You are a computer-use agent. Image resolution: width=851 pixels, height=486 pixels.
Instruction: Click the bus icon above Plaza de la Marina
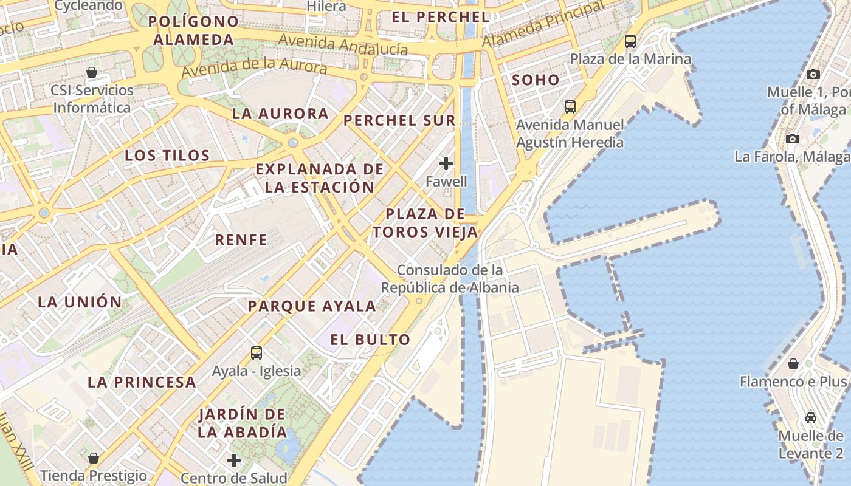pos(630,41)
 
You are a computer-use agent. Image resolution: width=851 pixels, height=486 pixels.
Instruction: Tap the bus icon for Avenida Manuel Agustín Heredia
pos(570,107)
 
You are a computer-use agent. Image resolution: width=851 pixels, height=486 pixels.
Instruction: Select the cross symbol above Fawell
pos(446,163)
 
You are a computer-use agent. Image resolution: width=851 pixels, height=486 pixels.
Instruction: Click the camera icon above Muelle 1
pos(813,74)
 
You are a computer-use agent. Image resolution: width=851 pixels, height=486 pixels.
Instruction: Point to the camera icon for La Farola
pos(792,139)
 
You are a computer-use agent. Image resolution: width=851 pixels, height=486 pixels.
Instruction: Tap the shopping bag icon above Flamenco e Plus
pos(793,364)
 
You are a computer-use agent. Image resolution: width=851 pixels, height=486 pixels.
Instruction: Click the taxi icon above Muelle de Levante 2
pos(810,417)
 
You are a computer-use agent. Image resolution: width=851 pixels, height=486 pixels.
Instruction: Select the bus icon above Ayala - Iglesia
pos(256,352)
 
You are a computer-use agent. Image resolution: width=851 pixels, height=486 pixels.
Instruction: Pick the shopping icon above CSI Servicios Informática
pos(92,73)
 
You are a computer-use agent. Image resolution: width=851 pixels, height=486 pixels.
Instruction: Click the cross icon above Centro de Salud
pos(233,460)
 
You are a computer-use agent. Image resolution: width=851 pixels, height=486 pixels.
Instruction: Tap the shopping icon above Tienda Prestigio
pos(94,457)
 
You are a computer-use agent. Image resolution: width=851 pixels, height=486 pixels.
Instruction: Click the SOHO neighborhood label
pos(535,80)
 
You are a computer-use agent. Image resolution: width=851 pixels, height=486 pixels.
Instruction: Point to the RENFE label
pos(241,240)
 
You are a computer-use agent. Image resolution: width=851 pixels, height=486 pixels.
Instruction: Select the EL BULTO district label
pos(370,340)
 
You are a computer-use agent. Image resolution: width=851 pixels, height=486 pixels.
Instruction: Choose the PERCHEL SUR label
pos(399,120)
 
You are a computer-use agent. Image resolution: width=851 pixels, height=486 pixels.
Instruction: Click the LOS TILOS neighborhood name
pos(167,156)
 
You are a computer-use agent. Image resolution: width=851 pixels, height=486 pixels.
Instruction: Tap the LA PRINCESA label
pos(142,382)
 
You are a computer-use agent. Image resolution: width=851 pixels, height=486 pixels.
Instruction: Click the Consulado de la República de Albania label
pos(450,279)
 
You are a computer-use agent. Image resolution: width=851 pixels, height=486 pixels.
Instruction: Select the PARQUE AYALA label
pos(311,306)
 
